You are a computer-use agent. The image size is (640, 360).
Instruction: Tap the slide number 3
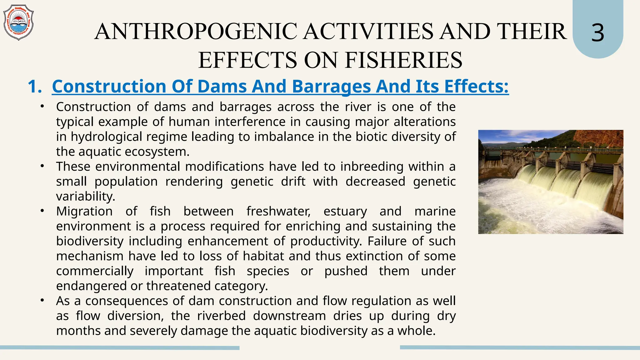597,33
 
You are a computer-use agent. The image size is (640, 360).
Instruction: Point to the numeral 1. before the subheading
34,87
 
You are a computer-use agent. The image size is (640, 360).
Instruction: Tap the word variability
86,197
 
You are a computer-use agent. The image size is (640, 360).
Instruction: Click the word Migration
84,211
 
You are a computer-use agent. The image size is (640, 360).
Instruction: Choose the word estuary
345,211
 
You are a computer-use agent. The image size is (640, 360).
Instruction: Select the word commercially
95,271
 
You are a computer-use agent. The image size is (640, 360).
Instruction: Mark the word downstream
289,316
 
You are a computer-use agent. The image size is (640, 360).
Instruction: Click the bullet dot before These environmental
42,166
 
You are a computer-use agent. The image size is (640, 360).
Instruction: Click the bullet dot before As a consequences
42,301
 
